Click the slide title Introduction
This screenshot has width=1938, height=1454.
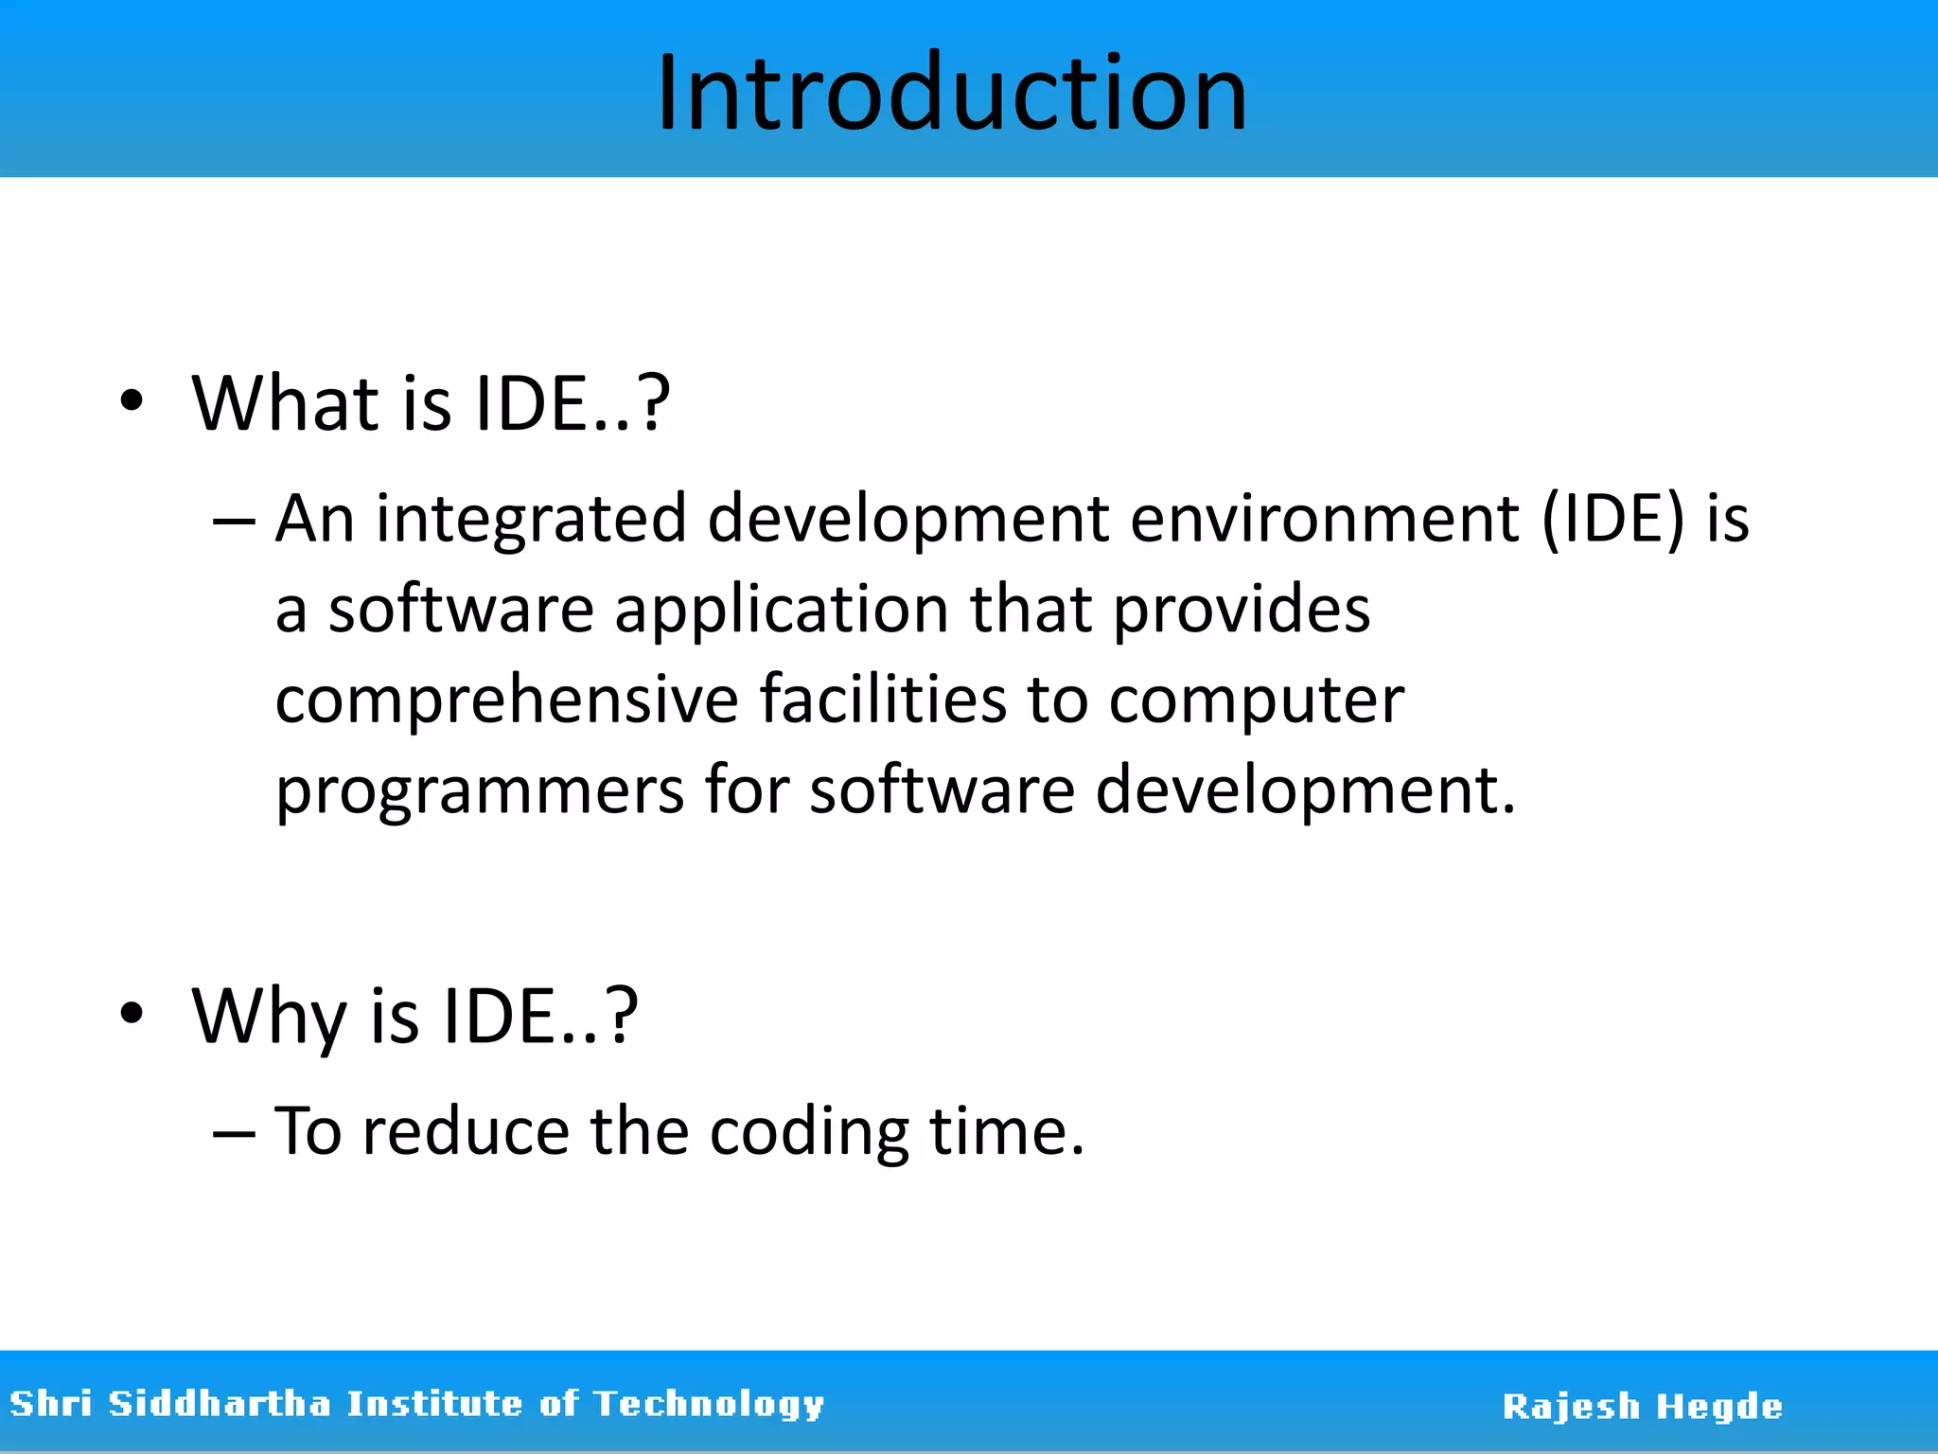(952, 93)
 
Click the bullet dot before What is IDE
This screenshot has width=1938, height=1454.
(132, 401)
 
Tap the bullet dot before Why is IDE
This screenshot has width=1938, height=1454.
(132, 1013)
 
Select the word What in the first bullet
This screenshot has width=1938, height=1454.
(285, 403)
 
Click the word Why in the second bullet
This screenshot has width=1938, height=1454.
(269, 1017)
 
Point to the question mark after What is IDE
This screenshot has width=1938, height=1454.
(653, 403)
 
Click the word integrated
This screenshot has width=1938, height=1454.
(531, 519)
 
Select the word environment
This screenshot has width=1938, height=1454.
(1324, 519)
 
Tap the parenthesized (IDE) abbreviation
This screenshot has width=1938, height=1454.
(1613, 519)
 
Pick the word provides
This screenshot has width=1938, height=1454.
(1241, 609)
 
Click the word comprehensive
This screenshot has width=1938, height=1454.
(507, 700)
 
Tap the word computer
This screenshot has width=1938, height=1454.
(1256, 701)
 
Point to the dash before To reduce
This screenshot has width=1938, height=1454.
(234, 1132)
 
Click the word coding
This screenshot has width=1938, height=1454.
(809, 1132)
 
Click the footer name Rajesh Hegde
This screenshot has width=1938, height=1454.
(1642, 1407)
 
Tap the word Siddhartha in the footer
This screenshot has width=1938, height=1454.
(220, 1403)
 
